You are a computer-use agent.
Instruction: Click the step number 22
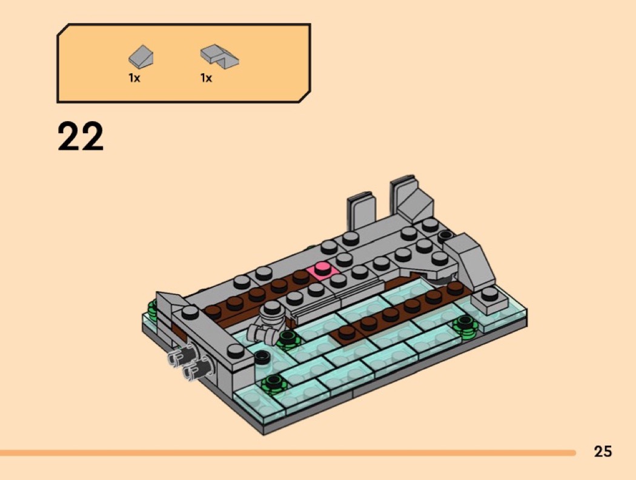point(81,136)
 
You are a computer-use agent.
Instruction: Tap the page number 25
point(603,452)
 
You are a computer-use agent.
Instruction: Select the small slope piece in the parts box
point(141,56)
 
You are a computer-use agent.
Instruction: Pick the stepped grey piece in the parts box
point(219,56)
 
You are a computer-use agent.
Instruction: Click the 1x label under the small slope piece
point(134,78)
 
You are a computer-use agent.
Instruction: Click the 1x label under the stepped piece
point(206,78)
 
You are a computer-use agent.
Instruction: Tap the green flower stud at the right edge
point(465,326)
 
